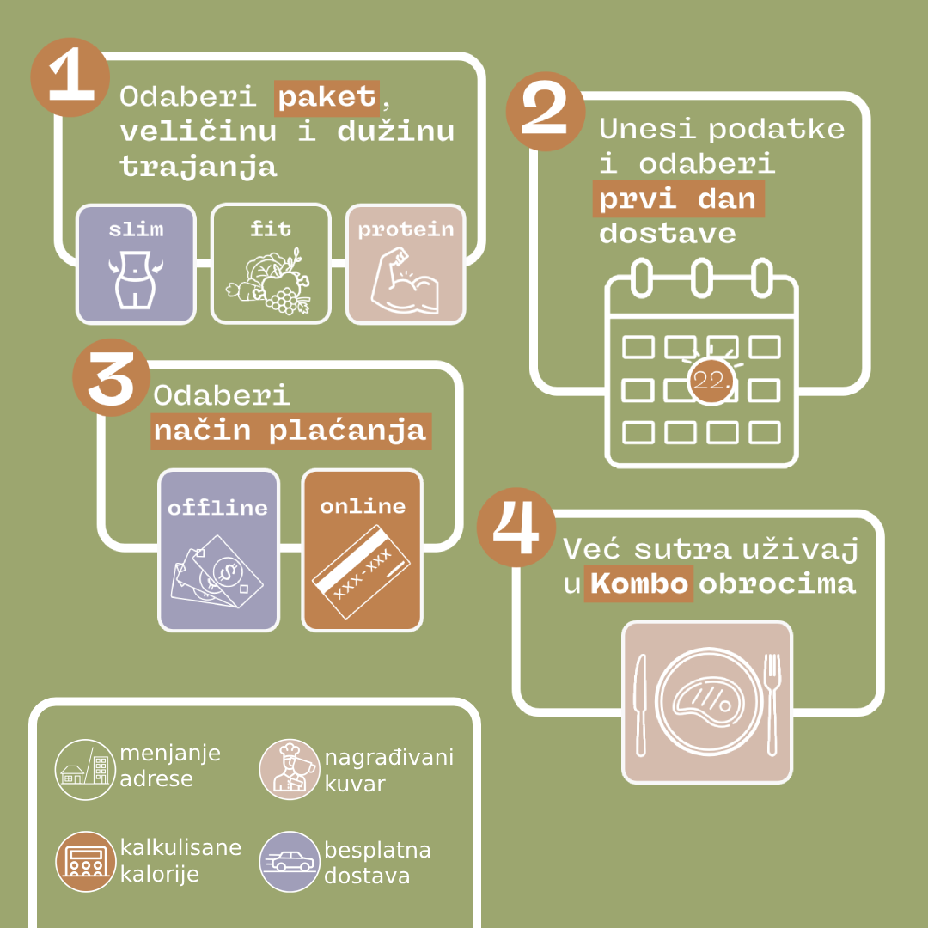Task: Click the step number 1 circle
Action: [70, 77]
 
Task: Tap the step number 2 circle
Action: [545, 111]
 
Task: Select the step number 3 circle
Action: [111, 377]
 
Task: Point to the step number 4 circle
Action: [516, 527]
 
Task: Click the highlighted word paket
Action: [327, 98]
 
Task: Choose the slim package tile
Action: [136, 264]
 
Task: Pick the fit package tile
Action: [271, 264]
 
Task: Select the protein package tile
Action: [406, 264]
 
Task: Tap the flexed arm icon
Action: [406, 282]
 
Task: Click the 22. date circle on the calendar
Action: [711, 382]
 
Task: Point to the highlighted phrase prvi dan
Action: [678, 199]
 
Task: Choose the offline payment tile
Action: [218, 551]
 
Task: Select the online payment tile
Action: [363, 551]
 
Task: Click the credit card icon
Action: [361, 571]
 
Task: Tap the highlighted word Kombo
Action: [638, 583]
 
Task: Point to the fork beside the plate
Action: [772, 705]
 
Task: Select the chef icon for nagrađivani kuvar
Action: [290, 769]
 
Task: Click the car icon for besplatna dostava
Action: [290, 862]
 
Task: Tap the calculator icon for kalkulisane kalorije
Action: [85, 862]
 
